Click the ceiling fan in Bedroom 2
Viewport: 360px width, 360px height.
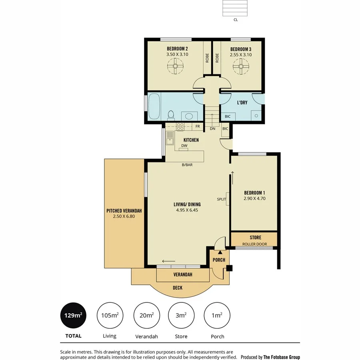[x=175, y=66]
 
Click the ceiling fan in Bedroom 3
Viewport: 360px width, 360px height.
[x=241, y=66]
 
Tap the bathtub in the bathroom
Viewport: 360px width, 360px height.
[x=154, y=106]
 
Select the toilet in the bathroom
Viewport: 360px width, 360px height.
[x=171, y=115]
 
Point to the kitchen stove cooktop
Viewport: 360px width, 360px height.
[x=180, y=127]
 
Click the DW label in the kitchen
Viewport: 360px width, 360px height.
[x=184, y=146]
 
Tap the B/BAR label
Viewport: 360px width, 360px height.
[x=187, y=164]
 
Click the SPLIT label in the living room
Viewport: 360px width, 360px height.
[x=221, y=199]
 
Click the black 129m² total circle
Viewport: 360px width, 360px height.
[x=73, y=315]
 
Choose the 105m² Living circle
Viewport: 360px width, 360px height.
[x=109, y=315]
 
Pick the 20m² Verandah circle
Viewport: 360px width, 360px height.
[x=146, y=315]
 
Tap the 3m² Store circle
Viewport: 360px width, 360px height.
[x=181, y=315]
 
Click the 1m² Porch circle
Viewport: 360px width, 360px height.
[x=217, y=315]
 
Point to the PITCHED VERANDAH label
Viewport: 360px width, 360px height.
[x=124, y=211]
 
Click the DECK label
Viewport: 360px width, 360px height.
[x=178, y=288]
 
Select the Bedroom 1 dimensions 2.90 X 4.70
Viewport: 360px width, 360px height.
[x=254, y=198]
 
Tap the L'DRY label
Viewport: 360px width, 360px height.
[x=242, y=103]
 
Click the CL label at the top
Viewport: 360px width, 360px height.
[x=236, y=19]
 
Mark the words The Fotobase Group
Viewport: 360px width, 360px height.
[x=282, y=357]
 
